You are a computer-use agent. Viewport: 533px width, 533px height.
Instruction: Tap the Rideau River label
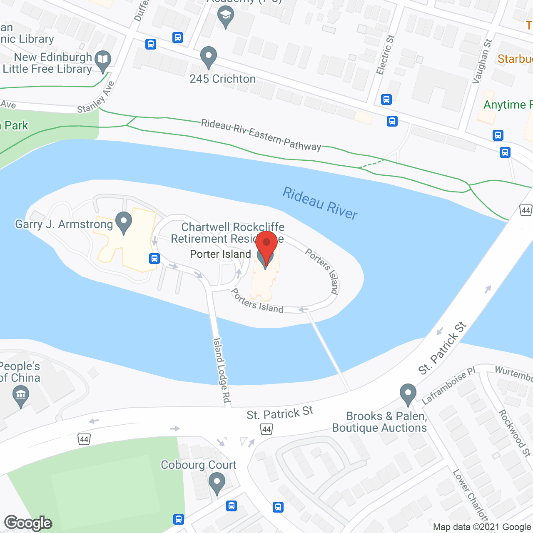(320, 203)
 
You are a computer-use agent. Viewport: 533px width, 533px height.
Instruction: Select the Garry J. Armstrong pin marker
(123, 222)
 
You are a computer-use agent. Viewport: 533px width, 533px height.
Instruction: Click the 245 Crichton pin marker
(209, 57)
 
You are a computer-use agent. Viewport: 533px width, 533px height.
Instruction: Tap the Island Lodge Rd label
(222, 370)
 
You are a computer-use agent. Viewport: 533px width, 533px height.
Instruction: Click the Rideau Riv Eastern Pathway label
(261, 135)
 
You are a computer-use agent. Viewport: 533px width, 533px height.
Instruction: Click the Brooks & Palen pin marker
(408, 394)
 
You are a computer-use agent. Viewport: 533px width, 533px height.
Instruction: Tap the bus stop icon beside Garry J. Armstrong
(154, 259)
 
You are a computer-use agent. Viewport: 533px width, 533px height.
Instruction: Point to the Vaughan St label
(482, 62)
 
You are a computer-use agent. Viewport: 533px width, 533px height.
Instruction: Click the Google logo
(28, 523)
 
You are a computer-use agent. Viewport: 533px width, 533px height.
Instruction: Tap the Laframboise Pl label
(448, 386)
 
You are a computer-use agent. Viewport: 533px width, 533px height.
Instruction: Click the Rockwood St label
(515, 433)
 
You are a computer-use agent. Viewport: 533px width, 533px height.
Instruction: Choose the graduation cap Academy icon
(226, 17)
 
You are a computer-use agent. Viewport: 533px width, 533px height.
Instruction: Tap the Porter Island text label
(220, 254)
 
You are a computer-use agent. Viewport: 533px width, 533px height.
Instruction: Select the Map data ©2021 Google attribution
(482, 527)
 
